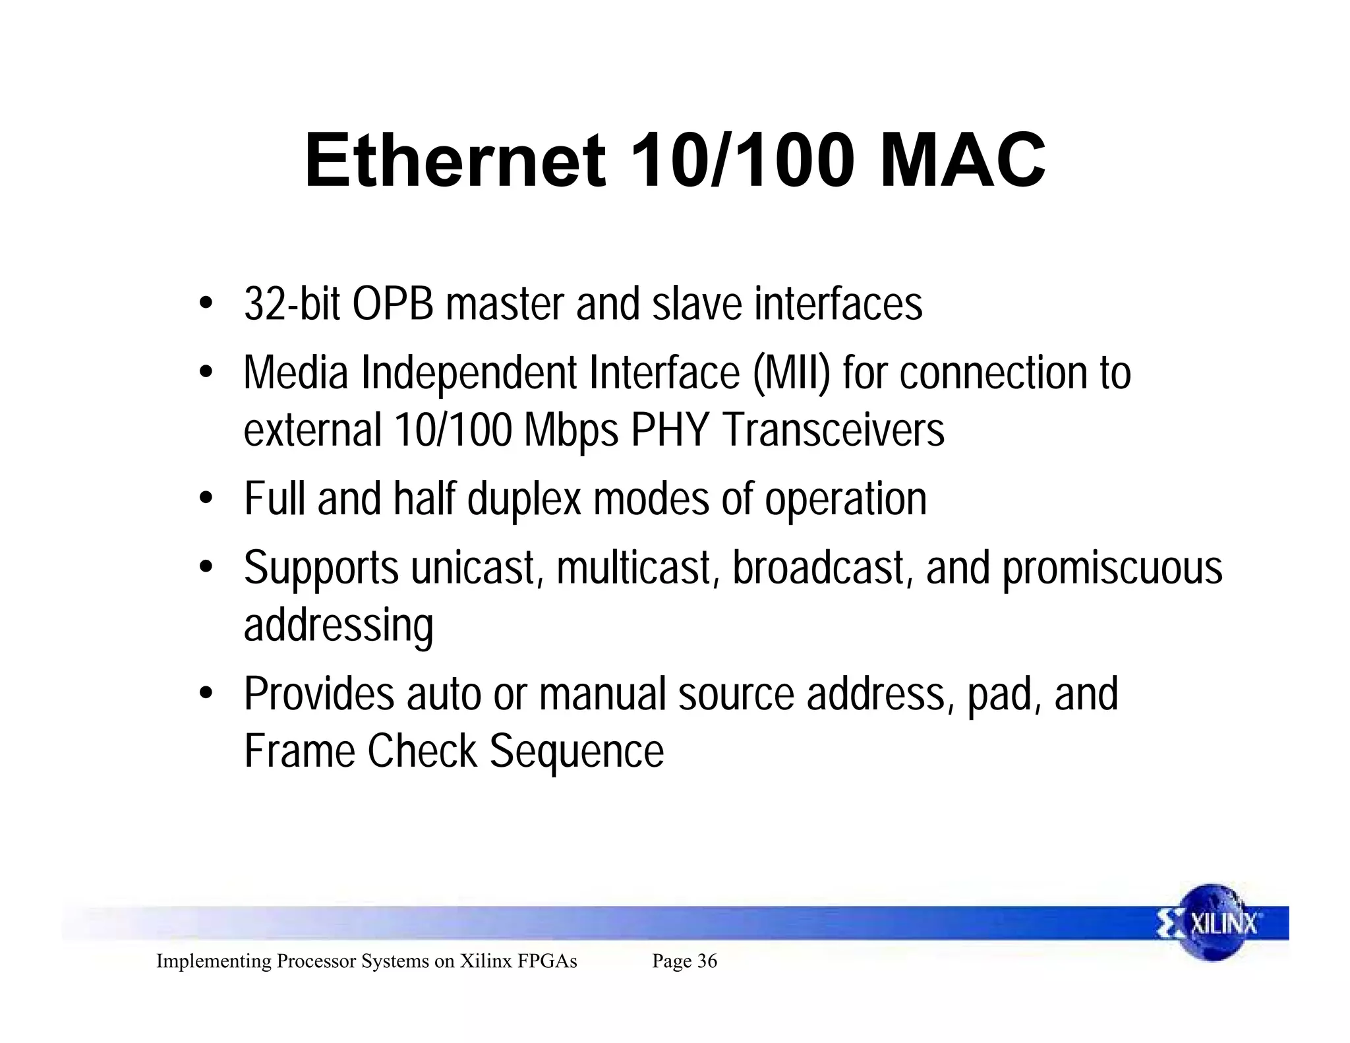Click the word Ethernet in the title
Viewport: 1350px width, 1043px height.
[455, 162]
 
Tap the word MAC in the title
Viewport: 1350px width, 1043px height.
[962, 162]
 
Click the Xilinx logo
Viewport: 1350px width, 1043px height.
[1213, 923]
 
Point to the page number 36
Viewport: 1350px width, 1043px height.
[707, 961]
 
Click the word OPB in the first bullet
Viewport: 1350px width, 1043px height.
[393, 305]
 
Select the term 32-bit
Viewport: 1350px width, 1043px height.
[291, 305]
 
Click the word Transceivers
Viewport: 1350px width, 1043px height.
[833, 430]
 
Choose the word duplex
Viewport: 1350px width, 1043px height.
[524, 499]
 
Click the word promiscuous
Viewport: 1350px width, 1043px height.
[1113, 568]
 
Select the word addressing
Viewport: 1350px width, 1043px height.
[339, 625]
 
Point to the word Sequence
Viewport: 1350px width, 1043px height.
[577, 751]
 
